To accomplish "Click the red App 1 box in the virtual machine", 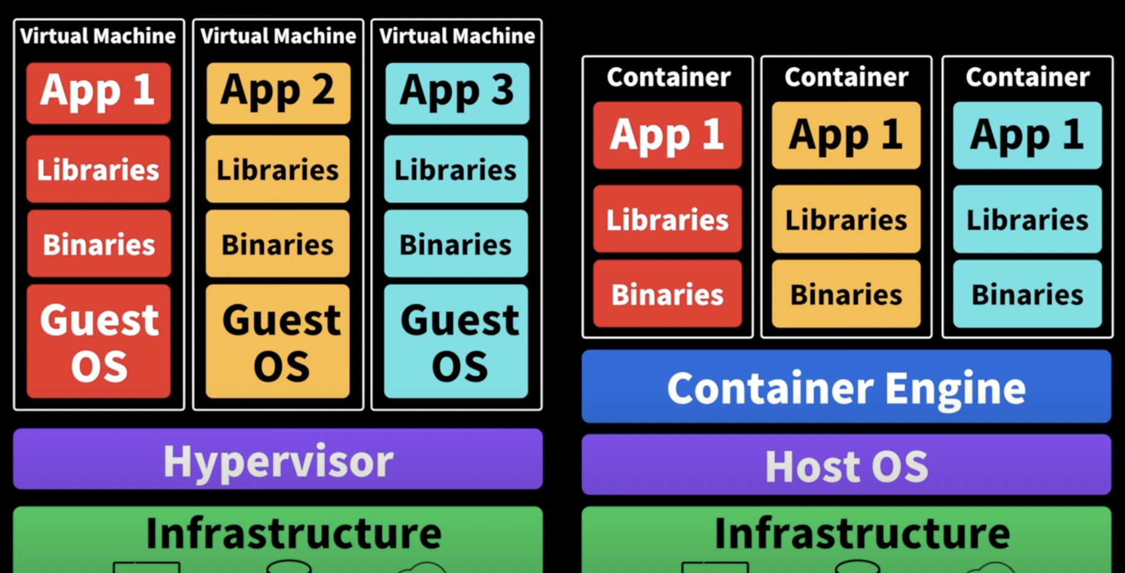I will (x=98, y=92).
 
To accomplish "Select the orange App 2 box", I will (x=278, y=92).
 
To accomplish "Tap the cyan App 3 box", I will (x=457, y=92).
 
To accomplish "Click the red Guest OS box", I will (x=98, y=341).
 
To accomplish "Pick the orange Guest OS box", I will (x=278, y=341).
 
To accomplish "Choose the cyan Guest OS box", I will (x=456, y=341).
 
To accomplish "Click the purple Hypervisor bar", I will (x=278, y=459).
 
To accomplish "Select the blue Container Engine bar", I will (x=846, y=387).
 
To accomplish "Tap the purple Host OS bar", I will (x=846, y=465).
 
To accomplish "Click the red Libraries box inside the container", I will (x=668, y=219).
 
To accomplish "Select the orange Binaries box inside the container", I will (x=846, y=294).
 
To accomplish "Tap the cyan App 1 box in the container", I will (x=1027, y=135).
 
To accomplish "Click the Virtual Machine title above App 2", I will (x=278, y=36).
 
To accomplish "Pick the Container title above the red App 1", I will (x=668, y=77).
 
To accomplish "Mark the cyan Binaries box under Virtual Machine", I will (x=456, y=244).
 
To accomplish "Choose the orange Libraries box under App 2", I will (x=278, y=170).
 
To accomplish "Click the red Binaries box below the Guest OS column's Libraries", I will (x=98, y=244).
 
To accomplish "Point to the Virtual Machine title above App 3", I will (x=457, y=36).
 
